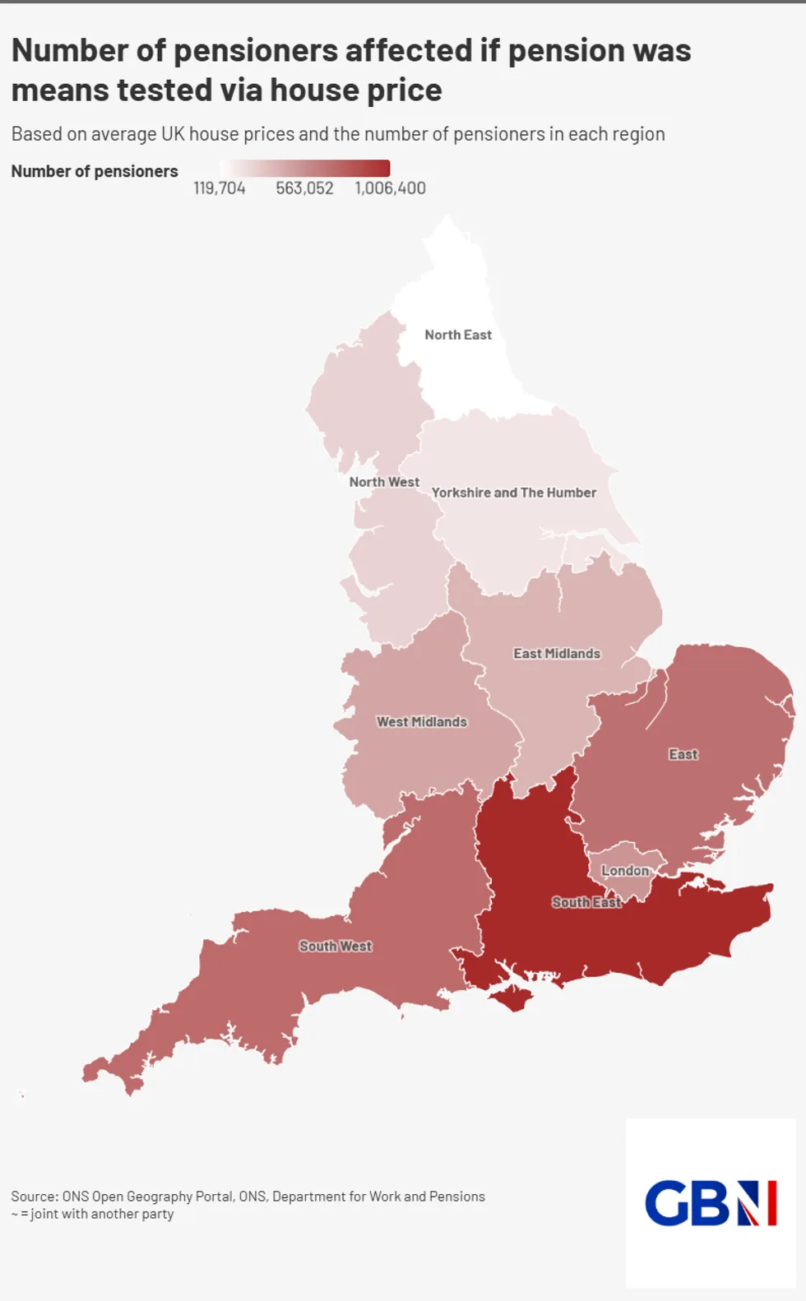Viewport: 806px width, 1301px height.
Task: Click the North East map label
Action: pos(458,335)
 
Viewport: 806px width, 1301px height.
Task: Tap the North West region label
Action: pos(384,482)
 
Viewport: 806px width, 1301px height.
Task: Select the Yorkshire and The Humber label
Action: pos(514,493)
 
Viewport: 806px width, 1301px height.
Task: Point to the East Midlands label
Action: pos(557,654)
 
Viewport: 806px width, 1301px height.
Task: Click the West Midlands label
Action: pos(422,722)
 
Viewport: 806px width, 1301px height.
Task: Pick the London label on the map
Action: pos(625,871)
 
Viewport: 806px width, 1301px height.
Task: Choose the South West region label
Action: pos(336,947)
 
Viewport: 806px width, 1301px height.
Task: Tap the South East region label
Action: pos(586,903)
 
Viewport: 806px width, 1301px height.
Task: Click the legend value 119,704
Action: pos(220,188)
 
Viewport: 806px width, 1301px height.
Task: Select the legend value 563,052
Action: pos(304,188)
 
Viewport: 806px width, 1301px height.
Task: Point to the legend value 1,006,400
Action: pos(391,188)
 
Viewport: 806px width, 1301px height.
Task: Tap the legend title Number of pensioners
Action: pos(95,171)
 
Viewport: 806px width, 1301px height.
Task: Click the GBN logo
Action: pos(711,1203)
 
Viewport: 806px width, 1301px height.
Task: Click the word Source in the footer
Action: pos(35,1197)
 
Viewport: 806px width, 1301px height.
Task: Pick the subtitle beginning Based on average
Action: pos(338,134)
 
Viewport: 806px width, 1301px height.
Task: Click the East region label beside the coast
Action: pos(683,755)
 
